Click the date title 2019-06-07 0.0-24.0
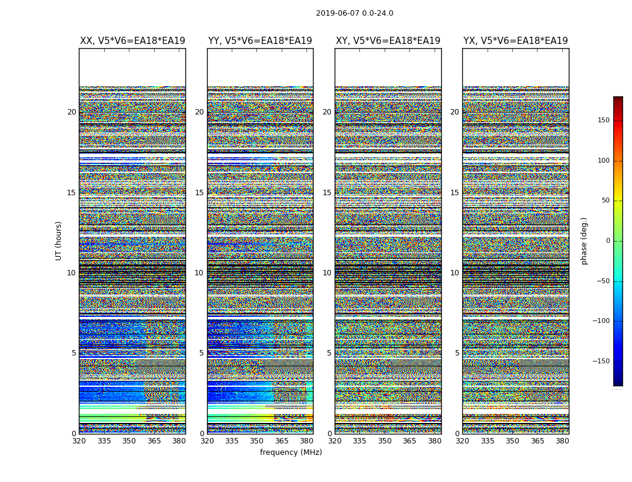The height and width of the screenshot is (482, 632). [x=355, y=13]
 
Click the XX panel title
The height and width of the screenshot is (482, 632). [x=132, y=41]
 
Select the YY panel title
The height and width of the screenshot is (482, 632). [x=260, y=41]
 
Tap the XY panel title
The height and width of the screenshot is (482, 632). [x=388, y=41]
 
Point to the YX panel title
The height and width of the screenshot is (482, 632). [x=515, y=41]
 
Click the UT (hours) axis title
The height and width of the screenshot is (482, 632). [x=59, y=240]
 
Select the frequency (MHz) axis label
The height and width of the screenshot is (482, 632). [x=291, y=452]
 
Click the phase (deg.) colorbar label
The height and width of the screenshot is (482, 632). [x=584, y=240]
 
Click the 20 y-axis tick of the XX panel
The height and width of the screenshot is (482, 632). [x=72, y=112]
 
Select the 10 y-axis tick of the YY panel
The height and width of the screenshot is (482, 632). [x=199, y=273]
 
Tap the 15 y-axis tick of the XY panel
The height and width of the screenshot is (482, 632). [x=327, y=193]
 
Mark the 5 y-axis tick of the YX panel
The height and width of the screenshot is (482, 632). [x=457, y=353]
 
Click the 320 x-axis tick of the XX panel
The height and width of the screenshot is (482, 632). [x=79, y=441]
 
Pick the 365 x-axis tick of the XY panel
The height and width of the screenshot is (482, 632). [x=409, y=441]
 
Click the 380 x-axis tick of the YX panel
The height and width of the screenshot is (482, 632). [x=562, y=441]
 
